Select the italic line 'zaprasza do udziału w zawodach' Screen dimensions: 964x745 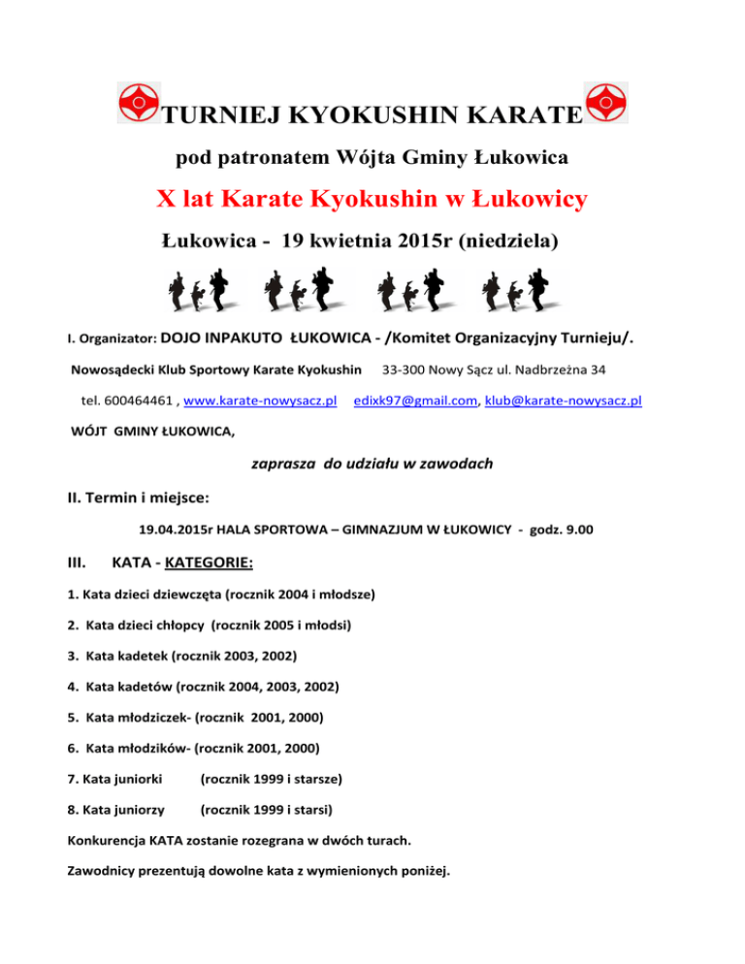[372, 464]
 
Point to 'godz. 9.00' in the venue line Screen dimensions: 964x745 [573, 530]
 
